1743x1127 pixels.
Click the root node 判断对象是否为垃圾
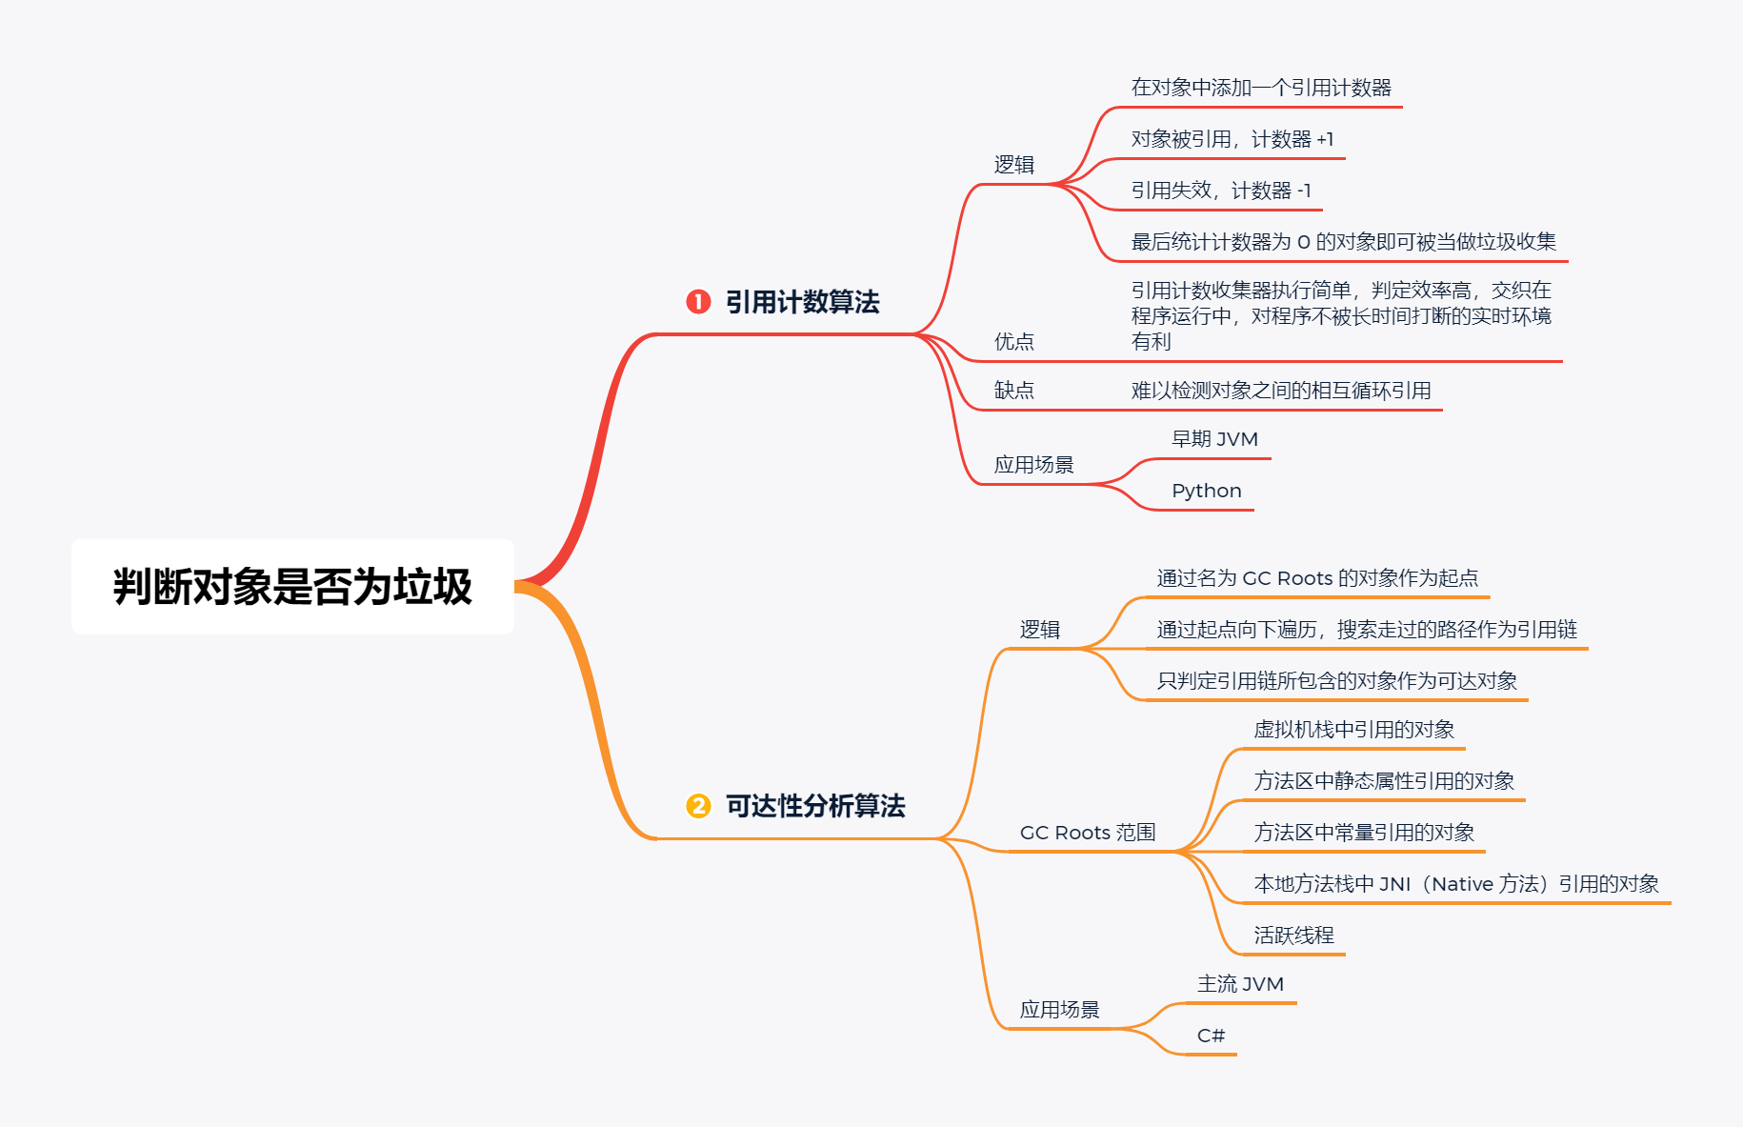coord(292,587)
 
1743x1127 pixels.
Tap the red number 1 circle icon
coord(698,302)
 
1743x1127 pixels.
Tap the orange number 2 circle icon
coord(698,806)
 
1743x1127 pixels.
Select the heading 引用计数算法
coord(802,302)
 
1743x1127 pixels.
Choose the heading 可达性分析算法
coord(815,806)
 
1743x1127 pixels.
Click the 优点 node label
coord(1013,342)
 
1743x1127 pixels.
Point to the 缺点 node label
coord(1013,391)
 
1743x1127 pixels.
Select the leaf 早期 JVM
coord(1214,439)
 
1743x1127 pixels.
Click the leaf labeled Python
coord(1206,491)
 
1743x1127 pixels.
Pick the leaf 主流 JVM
coord(1240,984)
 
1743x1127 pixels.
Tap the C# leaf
coord(1211,1036)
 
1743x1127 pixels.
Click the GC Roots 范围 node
coord(1087,833)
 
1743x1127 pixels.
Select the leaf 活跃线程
coord(1293,936)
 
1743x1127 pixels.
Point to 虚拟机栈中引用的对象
coord(1353,730)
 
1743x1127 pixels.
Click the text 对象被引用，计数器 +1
coord(1232,139)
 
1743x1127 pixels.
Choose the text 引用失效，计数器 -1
coord(1220,191)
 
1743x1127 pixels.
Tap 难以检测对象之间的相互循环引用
coord(1281,391)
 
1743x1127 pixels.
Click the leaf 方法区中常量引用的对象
coord(1364,833)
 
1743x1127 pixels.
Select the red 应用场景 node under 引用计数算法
coord(1033,465)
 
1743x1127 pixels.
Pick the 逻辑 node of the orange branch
coord(1039,630)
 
